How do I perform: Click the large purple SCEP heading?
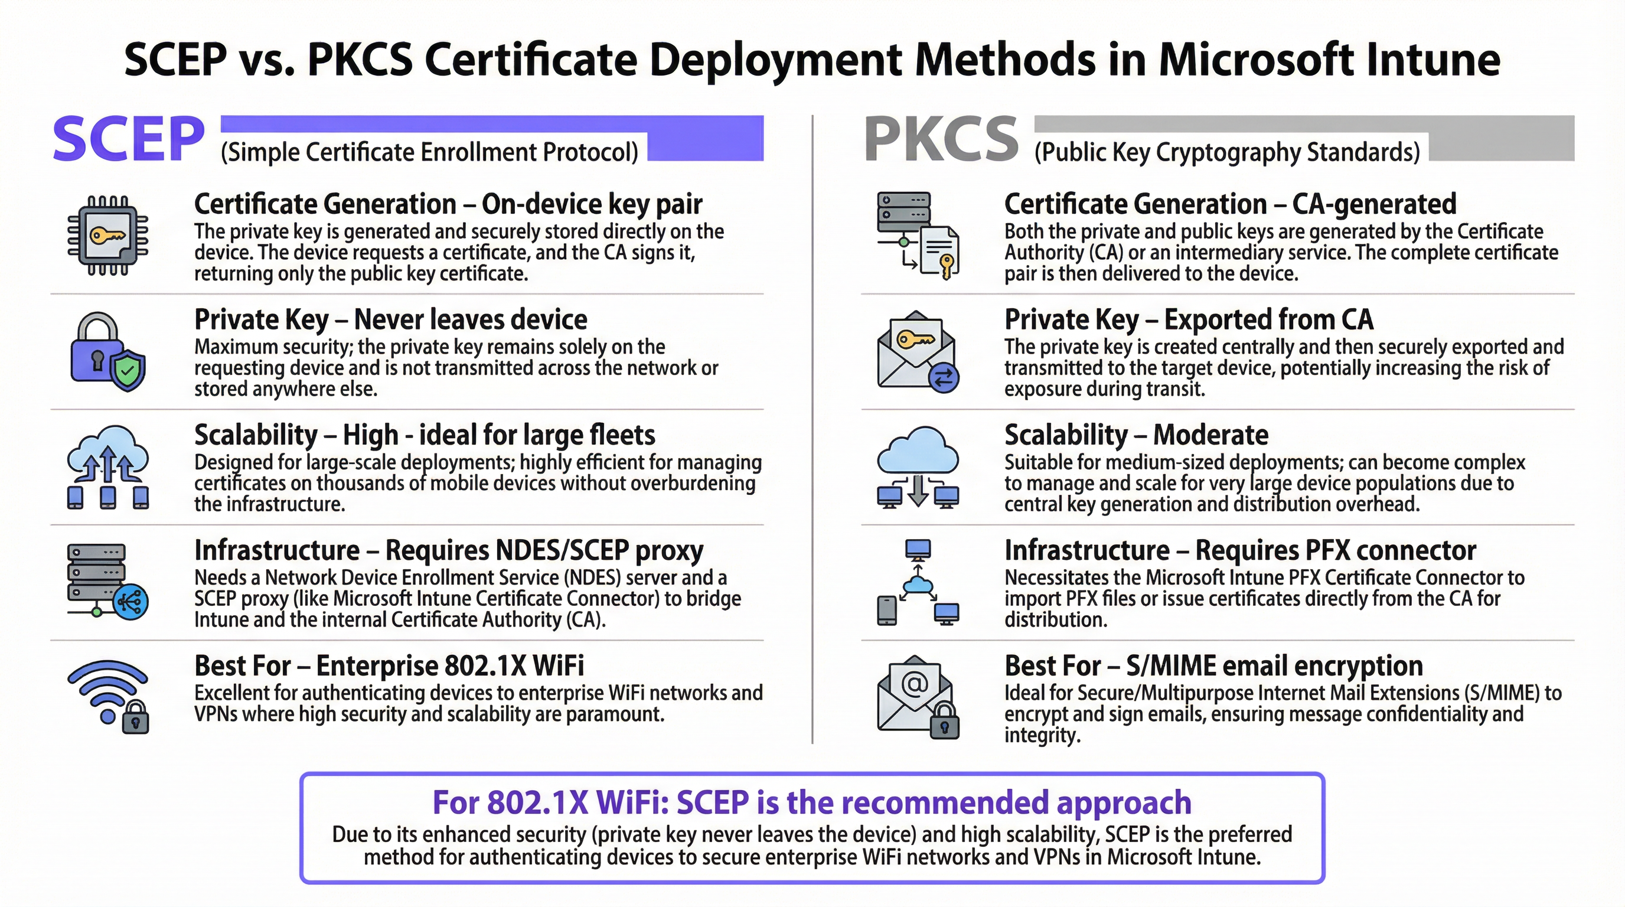pyautogui.click(x=129, y=139)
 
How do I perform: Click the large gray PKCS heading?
pyautogui.click(x=941, y=139)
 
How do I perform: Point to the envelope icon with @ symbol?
pyautogui.click(x=918, y=696)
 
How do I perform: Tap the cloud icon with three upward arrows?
pyautogui.click(x=108, y=466)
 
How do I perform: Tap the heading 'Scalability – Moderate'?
pyautogui.click(x=1135, y=435)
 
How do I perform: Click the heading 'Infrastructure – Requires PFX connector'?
pyautogui.click(x=1239, y=550)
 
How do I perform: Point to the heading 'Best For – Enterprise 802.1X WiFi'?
pyautogui.click(x=389, y=665)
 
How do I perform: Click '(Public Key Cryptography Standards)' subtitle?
pyautogui.click(x=1227, y=152)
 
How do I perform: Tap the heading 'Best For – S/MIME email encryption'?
pyautogui.click(x=1213, y=665)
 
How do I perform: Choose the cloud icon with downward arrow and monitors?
pyautogui.click(x=918, y=466)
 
